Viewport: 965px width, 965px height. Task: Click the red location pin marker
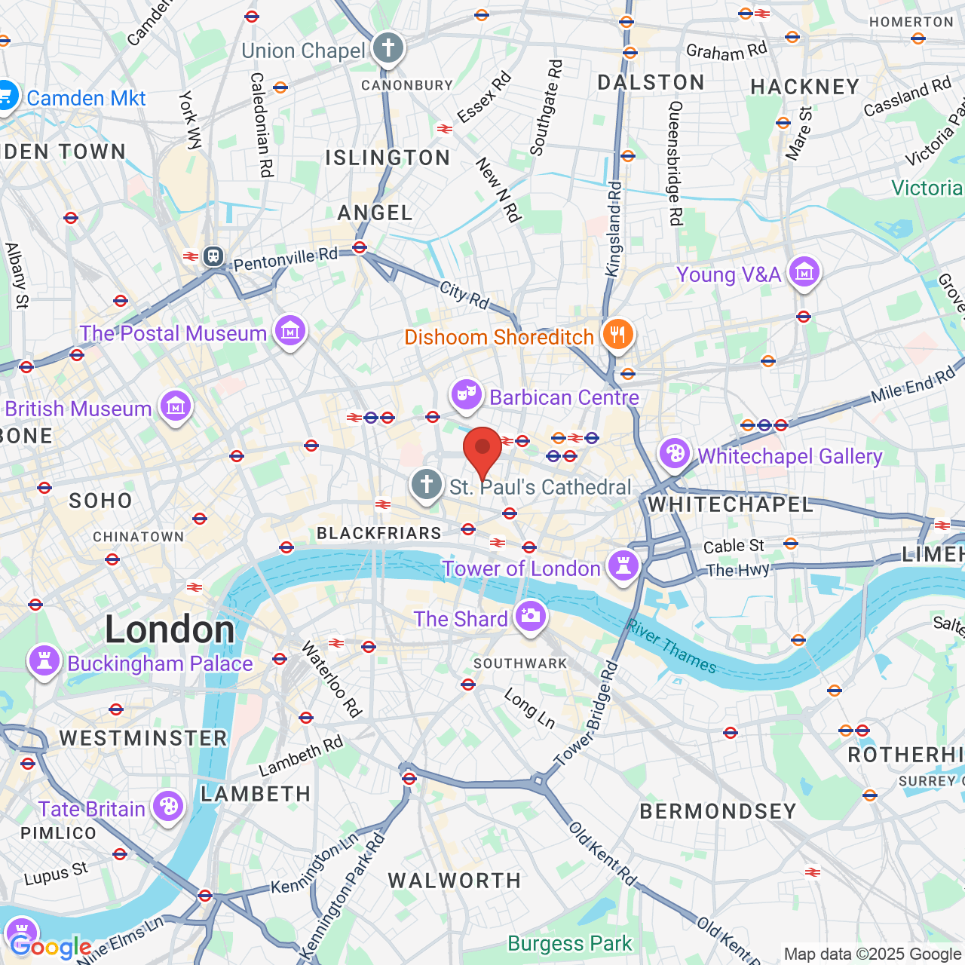pos(482,449)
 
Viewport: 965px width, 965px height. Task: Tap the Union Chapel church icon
pos(388,49)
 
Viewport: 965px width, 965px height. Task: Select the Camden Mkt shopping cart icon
pos(6,97)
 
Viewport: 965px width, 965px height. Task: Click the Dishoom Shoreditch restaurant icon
pos(617,335)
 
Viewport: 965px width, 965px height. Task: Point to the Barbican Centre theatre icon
pos(467,395)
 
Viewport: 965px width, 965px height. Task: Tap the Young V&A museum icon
pos(804,272)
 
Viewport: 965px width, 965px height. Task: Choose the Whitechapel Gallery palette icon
pos(675,454)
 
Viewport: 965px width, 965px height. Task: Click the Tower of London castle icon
pos(623,566)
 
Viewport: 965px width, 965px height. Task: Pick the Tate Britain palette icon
pos(168,807)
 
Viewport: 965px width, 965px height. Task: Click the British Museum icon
pos(176,407)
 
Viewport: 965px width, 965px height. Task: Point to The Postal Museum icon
pos(290,331)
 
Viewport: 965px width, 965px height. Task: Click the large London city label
pos(170,630)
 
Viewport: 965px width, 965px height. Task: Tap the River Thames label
pos(672,646)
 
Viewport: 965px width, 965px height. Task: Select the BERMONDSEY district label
pos(718,811)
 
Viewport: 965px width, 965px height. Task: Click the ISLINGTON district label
pos(388,158)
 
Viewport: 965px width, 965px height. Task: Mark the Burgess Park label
pos(570,943)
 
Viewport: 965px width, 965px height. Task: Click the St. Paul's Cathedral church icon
pos(427,485)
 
